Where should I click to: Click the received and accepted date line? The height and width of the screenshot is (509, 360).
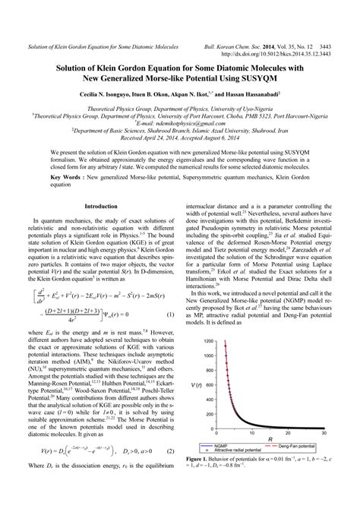coord(180,138)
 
